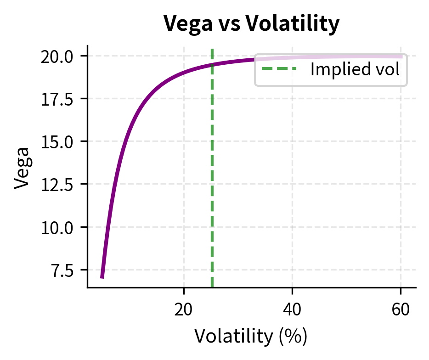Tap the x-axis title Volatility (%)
(x=251, y=336)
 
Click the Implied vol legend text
(x=355, y=70)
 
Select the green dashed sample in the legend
(x=279, y=70)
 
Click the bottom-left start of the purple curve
(x=102, y=277)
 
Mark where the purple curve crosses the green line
(x=212, y=65)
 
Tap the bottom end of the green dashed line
(x=212, y=287)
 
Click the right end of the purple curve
(x=402, y=56)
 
